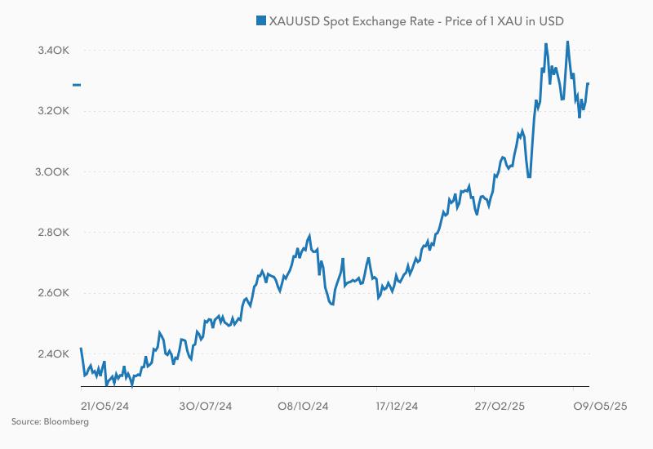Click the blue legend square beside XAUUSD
click(x=261, y=20)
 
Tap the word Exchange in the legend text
click(x=381, y=20)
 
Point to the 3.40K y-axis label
click(x=54, y=51)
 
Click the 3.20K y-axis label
click(x=54, y=111)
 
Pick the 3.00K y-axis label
click(x=54, y=172)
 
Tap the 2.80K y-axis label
click(x=54, y=233)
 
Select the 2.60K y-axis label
click(x=54, y=293)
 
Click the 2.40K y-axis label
click(x=54, y=354)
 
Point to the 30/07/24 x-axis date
click(x=206, y=406)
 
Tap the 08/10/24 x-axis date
click(x=303, y=406)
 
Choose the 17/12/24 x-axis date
click(x=398, y=406)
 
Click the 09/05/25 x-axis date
click(x=599, y=406)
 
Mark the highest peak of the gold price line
click(x=568, y=42)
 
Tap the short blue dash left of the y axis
click(x=77, y=85)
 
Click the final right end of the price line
click(x=589, y=83)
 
